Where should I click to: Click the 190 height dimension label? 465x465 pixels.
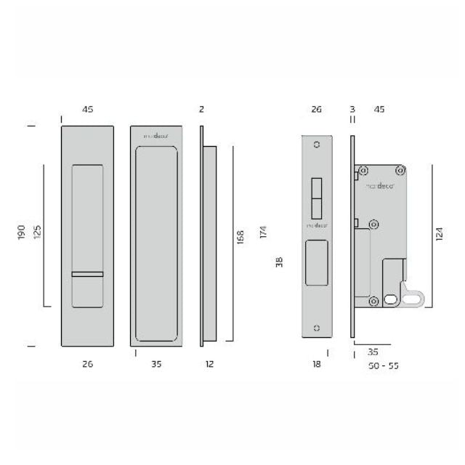point(23,232)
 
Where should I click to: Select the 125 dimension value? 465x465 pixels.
point(37,232)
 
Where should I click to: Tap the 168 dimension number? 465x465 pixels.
point(240,237)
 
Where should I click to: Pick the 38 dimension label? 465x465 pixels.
point(279,262)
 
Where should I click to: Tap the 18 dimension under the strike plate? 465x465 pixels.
point(317,365)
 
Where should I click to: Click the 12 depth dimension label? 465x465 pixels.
point(209,365)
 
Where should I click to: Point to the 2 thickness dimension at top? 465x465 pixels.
point(201,110)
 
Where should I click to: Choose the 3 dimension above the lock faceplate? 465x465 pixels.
point(352,110)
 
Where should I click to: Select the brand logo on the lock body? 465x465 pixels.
point(379,186)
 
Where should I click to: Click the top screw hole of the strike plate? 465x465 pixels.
point(316,145)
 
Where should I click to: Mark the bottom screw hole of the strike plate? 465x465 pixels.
point(316,328)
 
